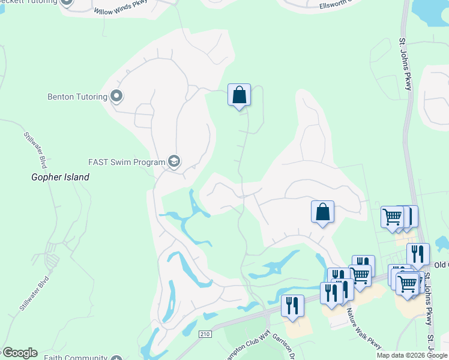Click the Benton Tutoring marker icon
[116, 96]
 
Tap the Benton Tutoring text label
[77, 97]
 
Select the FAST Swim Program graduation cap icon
[174, 161]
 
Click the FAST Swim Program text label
[126, 162]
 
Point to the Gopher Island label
[60, 177]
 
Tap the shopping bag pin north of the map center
[239, 95]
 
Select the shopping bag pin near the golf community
[322, 212]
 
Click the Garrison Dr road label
[283, 345]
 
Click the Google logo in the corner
[19, 353]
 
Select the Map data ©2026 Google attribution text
[412, 355]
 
